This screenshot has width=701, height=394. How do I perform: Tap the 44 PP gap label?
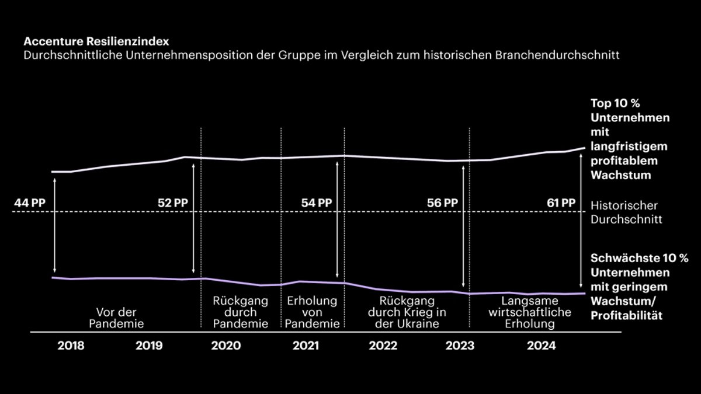[30, 203]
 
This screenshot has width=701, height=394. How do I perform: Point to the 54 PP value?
[317, 203]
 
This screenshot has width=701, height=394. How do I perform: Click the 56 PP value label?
[443, 203]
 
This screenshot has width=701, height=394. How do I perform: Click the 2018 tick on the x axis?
[71, 346]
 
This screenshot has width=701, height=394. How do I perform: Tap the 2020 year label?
[225, 346]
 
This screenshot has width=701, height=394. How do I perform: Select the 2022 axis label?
[383, 346]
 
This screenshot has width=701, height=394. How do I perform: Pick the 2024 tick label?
[541, 346]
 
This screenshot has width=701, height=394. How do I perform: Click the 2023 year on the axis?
[460, 346]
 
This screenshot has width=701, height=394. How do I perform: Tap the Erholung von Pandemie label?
[313, 312]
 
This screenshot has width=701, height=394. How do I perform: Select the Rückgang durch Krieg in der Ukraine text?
[407, 312]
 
